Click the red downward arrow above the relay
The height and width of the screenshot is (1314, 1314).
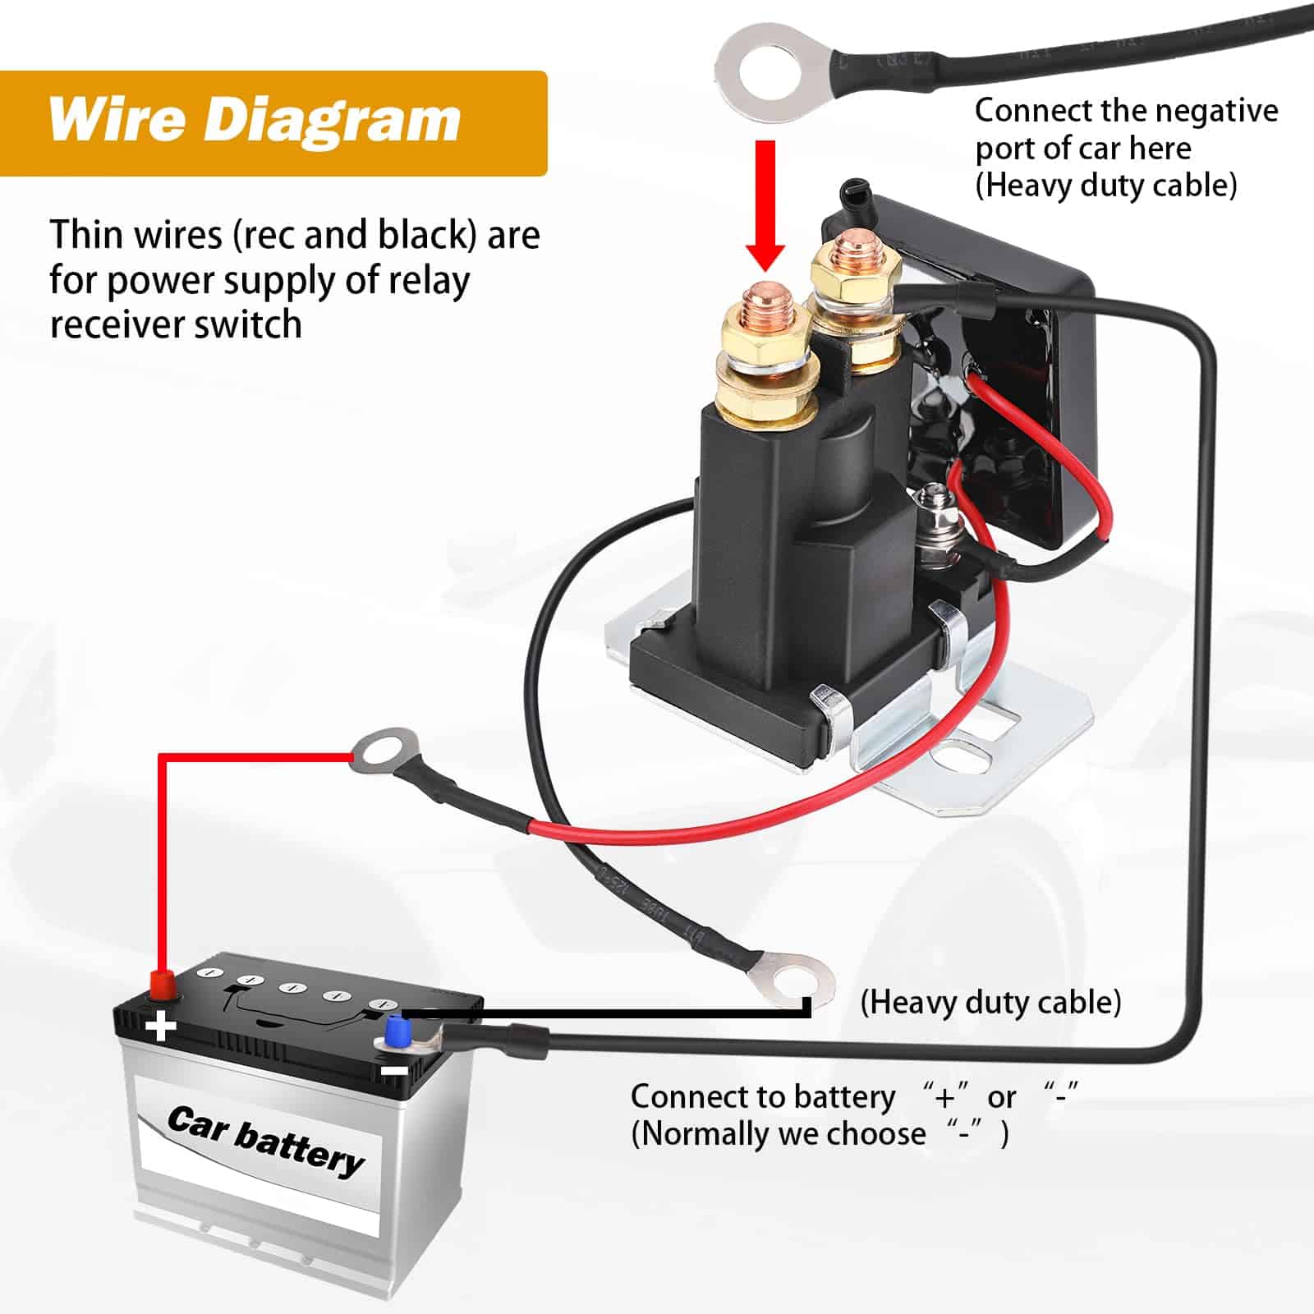point(765,205)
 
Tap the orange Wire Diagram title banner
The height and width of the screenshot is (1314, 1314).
point(273,123)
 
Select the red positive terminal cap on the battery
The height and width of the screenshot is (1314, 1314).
point(162,983)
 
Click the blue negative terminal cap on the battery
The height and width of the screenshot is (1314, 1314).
point(398,1029)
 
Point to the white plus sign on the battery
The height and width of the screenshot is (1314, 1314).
point(161,1026)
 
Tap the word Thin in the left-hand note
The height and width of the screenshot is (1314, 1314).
point(85,235)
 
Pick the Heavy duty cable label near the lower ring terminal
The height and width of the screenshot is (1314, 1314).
point(990,1003)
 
